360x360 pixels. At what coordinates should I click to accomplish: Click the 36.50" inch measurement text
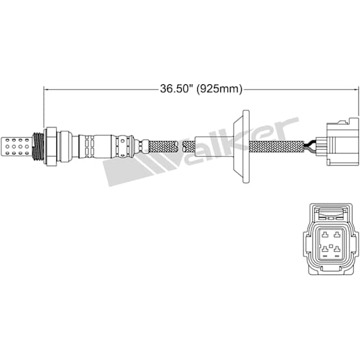click(x=176, y=88)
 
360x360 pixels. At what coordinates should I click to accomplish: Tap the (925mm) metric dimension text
click(x=220, y=89)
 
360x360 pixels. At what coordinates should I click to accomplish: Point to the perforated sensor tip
click(x=16, y=147)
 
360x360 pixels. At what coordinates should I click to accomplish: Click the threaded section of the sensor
click(x=38, y=147)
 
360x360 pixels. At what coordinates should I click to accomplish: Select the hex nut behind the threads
click(x=50, y=146)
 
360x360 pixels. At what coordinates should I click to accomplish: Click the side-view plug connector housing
click(x=338, y=142)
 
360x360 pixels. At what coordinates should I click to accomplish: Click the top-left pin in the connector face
click(x=324, y=234)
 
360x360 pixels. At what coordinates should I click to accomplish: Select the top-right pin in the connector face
click(x=337, y=234)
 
